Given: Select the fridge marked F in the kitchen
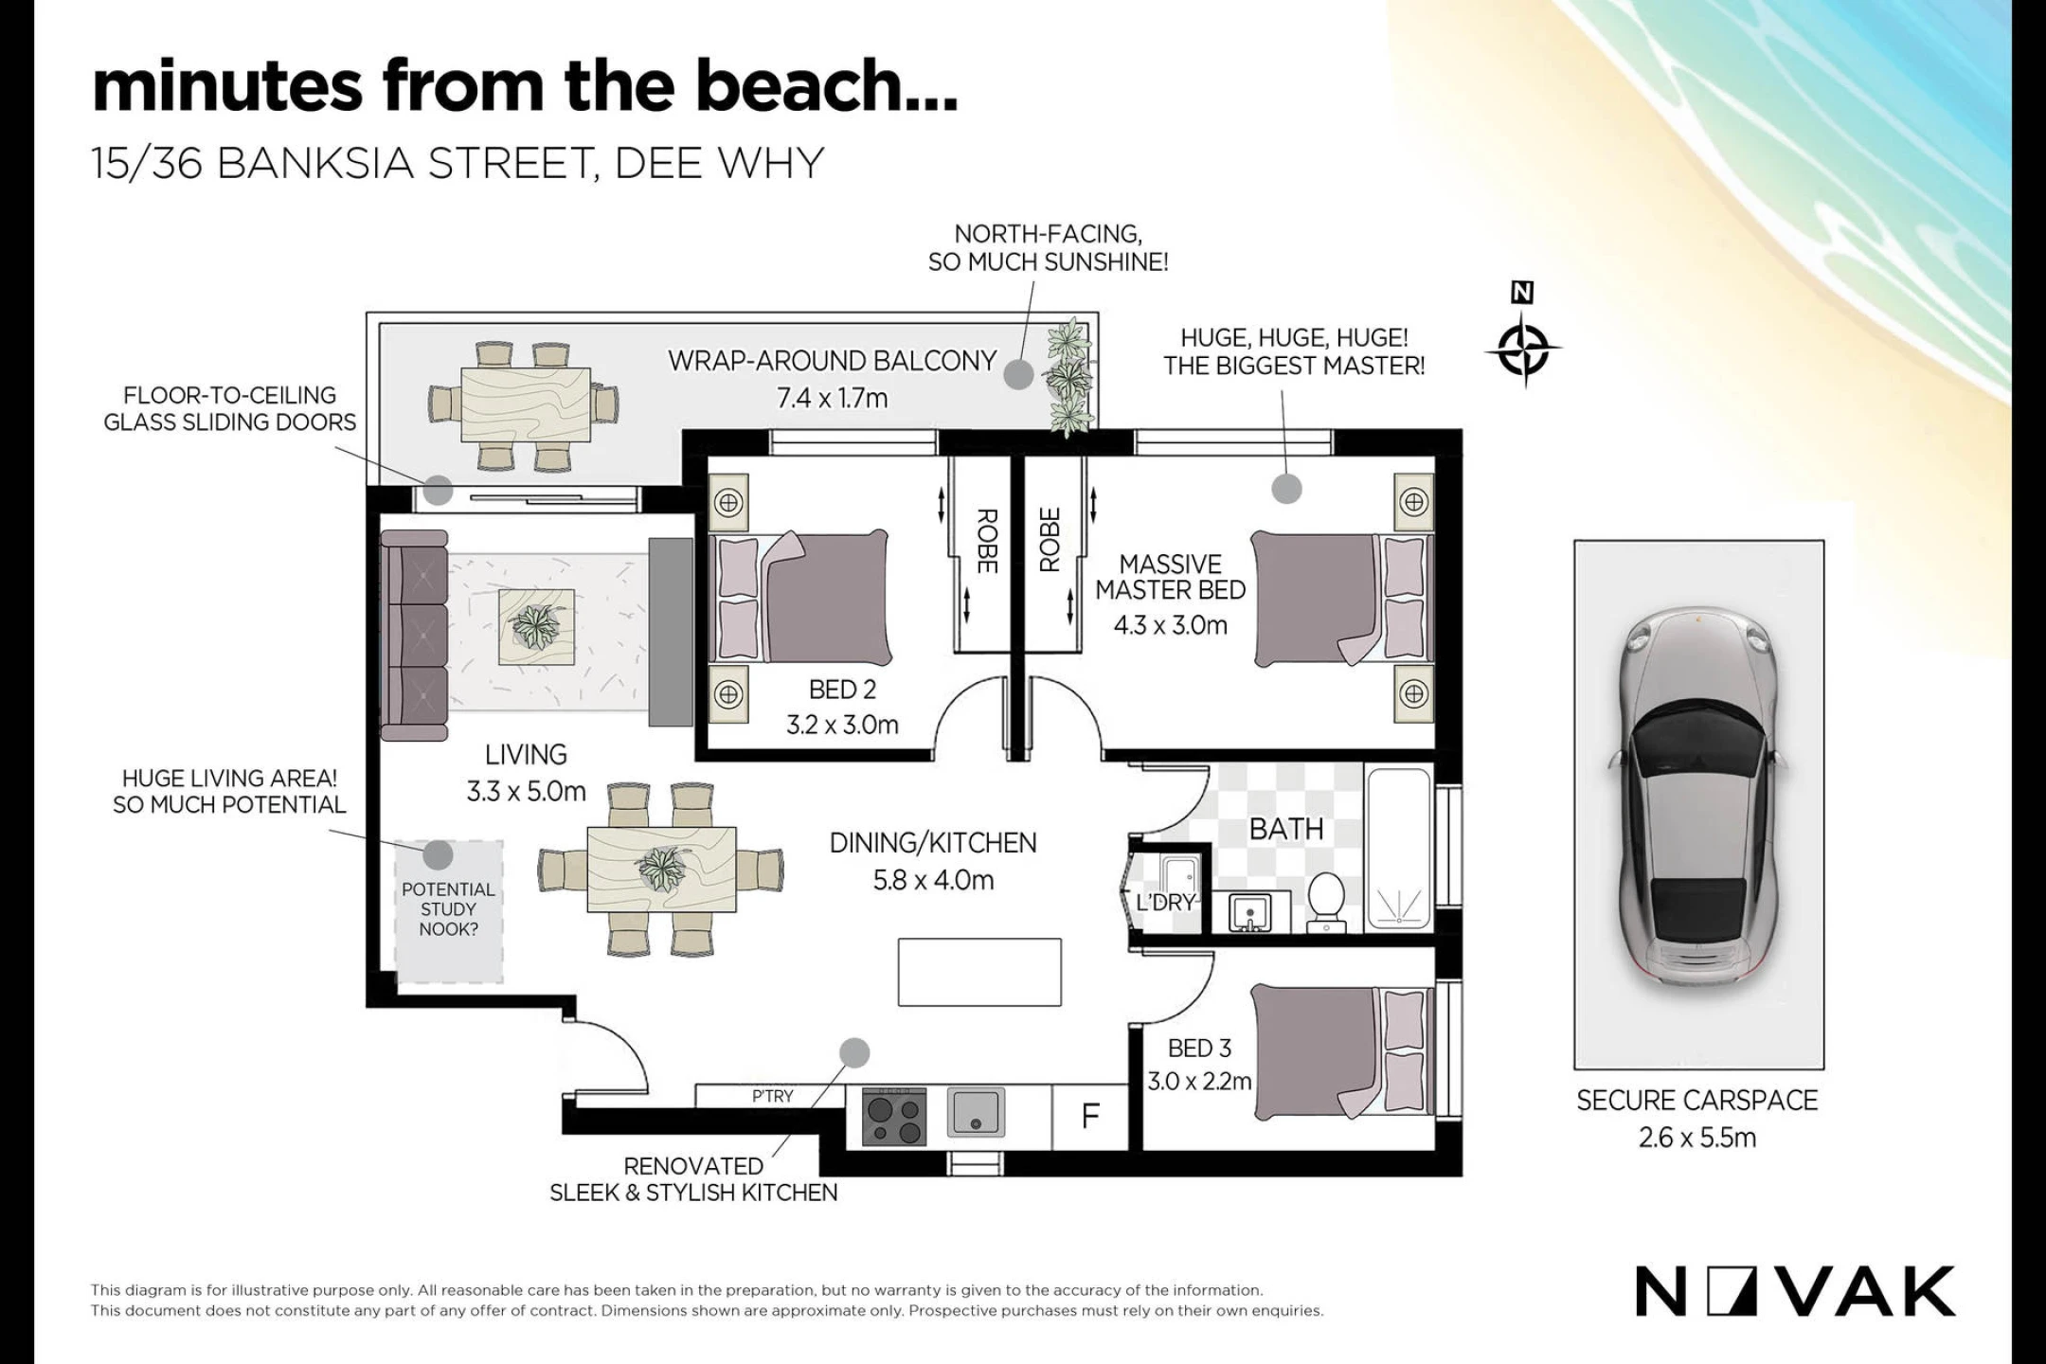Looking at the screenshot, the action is pos(1090,1117).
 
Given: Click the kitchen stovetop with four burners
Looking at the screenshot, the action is pos(894,1117).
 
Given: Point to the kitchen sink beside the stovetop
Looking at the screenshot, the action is pos(976,1112).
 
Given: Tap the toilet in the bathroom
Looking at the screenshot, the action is pos(1326,899).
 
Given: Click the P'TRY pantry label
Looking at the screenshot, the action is pos(772,1096).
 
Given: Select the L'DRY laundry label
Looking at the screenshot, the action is pos(1165,903).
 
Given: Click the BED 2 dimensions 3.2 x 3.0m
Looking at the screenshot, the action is pos(842,726).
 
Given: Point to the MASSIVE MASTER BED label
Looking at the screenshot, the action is pos(1171,577).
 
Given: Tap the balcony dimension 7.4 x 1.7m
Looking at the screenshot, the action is pos(833,398).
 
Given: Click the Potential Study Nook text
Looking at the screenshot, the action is pos(448,909).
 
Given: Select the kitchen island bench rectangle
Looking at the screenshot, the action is pos(979,972).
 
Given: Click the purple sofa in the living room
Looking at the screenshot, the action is pos(414,636).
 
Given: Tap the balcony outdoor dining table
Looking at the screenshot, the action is pos(526,404).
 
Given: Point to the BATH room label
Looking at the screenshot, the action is pos(1286,830).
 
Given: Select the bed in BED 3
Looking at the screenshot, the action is pos(1342,1050).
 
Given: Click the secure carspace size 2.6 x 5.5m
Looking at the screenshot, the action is pos(1697,1138).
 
